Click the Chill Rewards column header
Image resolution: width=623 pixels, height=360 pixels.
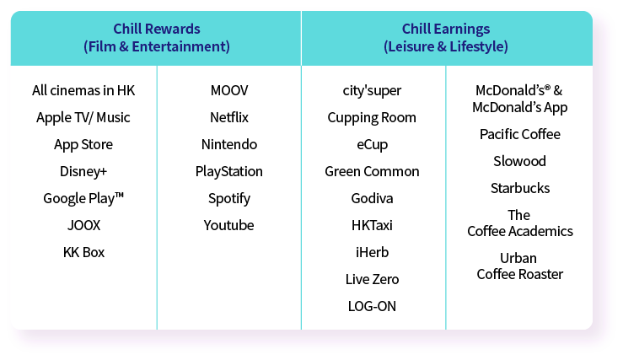pos(157,38)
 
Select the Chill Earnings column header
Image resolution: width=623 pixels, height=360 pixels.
pos(446,38)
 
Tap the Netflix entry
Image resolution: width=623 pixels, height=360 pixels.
pos(229,117)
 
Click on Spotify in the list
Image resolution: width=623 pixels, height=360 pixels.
pos(229,199)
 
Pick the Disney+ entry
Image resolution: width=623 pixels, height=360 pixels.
pos(83,172)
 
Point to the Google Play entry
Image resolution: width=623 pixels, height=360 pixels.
pos(83,198)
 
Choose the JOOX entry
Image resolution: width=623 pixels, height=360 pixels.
pos(83,225)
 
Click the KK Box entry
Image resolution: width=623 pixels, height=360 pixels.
pos(83,252)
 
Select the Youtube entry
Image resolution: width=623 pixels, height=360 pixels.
pos(228,225)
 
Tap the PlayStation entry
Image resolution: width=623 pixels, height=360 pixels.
pos(228,172)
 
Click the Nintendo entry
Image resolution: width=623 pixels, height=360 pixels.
pos(229,144)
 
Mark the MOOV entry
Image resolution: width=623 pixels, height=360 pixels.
pos(229,90)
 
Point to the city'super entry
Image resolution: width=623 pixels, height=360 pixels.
pos(372,90)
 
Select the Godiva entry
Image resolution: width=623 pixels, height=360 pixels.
pos(372,198)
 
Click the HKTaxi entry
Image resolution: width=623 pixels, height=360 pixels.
pos(372,225)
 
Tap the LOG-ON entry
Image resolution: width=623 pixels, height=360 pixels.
pos(372,306)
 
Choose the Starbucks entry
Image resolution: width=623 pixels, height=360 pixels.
pos(520,188)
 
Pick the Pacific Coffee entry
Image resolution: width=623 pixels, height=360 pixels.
pos(520,134)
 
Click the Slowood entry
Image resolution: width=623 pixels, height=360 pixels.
pos(519,161)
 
